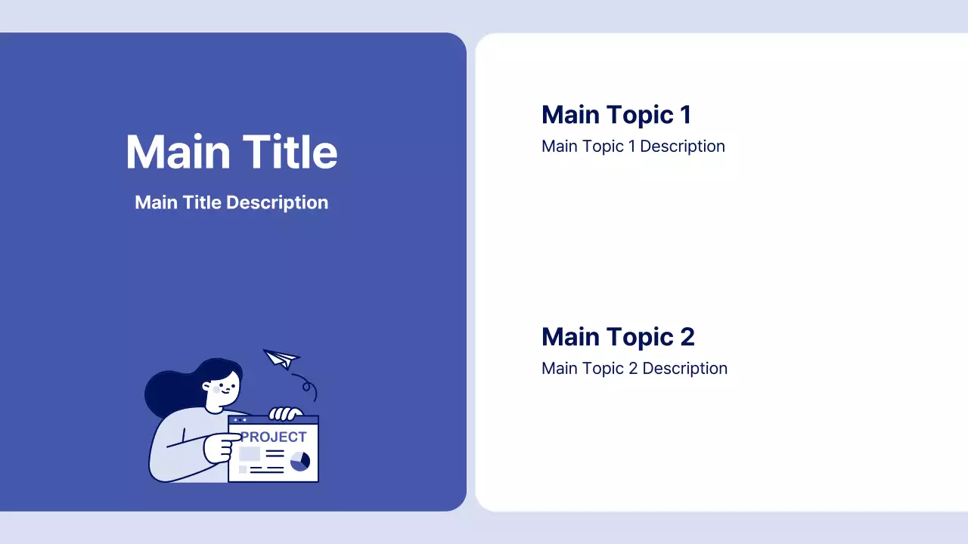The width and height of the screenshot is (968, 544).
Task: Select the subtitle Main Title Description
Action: pyautogui.click(x=231, y=202)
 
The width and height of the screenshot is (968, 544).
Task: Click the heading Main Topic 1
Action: pyautogui.click(x=616, y=115)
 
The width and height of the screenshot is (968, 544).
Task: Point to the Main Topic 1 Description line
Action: pyautogui.click(x=633, y=147)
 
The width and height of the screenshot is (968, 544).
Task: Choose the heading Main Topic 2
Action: pyautogui.click(x=618, y=337)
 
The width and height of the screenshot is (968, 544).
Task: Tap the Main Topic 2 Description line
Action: pyautogui.click(x=634, y=369)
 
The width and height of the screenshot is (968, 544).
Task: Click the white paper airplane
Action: pyautogui.click(x=281, y=358)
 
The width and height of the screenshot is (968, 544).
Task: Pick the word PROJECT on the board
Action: pyautogui.click(x=273, y=437)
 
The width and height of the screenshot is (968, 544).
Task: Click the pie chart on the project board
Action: pyautogui.click(x=300, y=461)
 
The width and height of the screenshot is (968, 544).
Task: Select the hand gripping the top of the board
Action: pyautogui.click(x=286, y=413)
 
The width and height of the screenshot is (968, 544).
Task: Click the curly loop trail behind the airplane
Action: pyautogui.click(x=307, y=386)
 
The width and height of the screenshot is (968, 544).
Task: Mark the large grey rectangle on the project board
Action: pyautogui.click(x=250, y=454)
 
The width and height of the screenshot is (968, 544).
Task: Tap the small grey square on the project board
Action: pyautogui.click(x=243, y=469)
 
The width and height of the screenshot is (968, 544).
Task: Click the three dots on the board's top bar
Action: pyautogui.click(x=240, y=419)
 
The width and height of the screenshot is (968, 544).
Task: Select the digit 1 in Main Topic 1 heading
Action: pyautogui.click(x=685, y=115)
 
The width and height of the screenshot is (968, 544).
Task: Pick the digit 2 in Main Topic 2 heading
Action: pyautogui.click(x=687, y=337)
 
